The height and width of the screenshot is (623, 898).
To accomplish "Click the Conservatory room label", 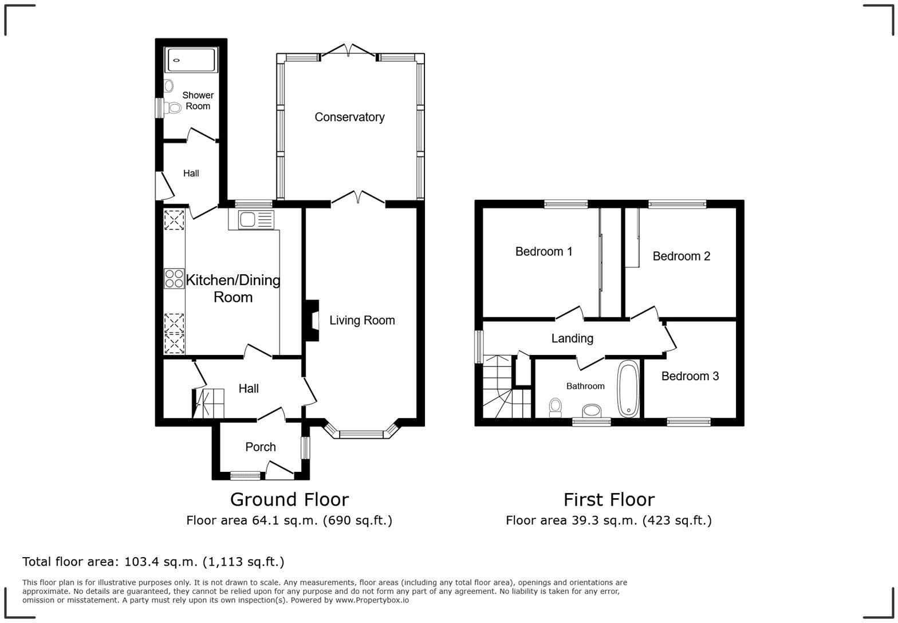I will tap(349, 117).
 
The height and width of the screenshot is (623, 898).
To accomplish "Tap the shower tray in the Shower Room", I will tap(191, 60).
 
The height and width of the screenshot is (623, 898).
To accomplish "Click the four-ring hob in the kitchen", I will tap(174, 278).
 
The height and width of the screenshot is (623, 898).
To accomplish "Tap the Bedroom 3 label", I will tap(690, 376).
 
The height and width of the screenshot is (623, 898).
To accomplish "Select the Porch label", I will tap(261, 447).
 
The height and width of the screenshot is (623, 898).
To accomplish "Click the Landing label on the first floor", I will tap(572, 338).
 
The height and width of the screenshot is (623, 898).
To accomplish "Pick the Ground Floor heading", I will tap(289, 500).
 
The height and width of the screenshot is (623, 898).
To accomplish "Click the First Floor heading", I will tap(609, 500).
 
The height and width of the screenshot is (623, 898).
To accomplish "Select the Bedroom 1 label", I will tap(543, 251).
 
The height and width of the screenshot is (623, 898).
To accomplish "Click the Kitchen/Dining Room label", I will tap(233, 289).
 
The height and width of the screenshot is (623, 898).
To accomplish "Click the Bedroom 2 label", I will tap(681, 256).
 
